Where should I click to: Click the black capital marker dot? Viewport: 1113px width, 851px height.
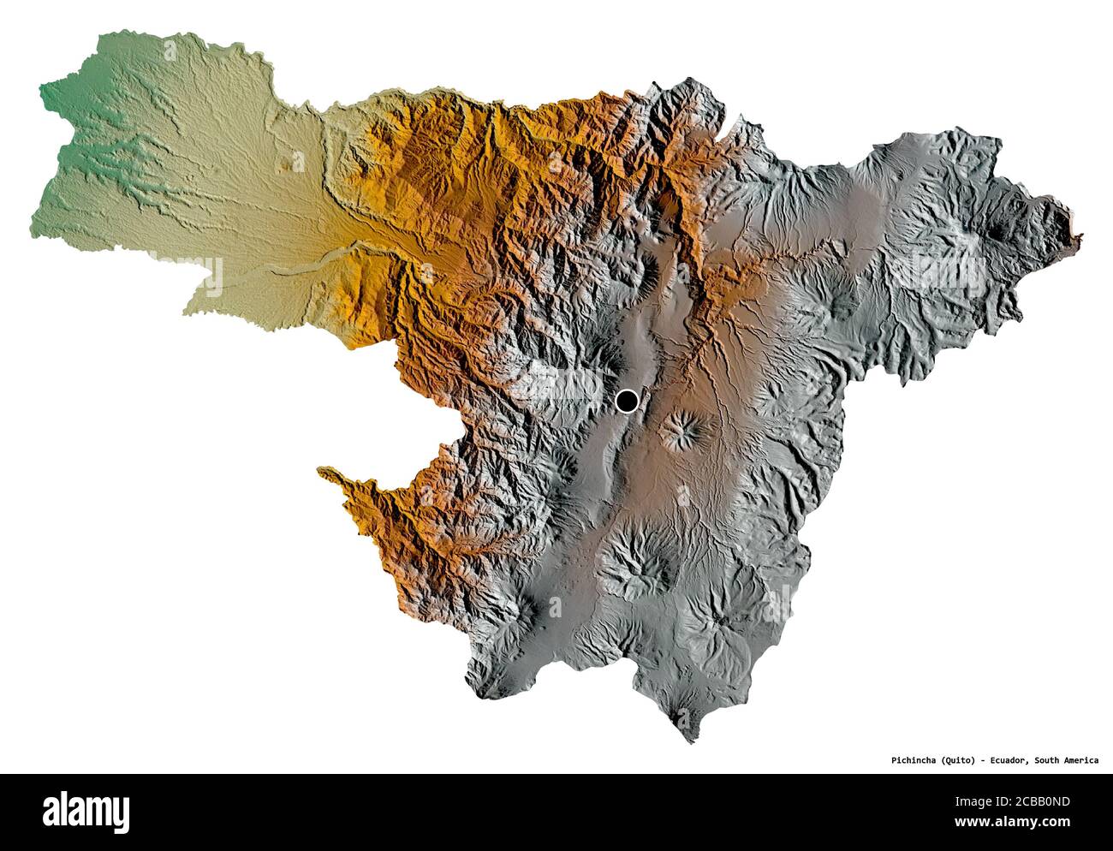[x=628, y=400]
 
